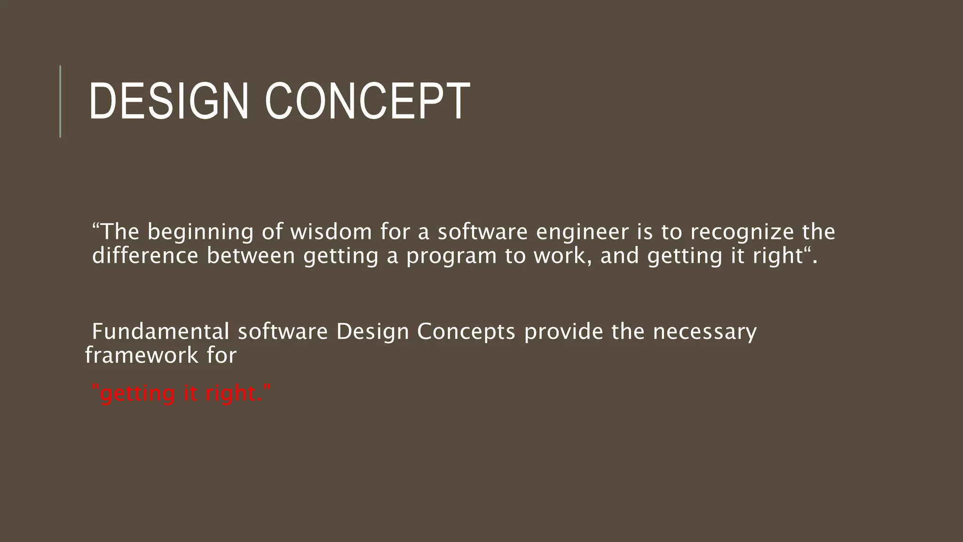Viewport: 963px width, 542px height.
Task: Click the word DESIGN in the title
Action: click(168, 102)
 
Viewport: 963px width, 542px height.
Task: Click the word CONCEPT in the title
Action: click(367, 102)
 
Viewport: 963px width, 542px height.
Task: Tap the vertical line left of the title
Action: click(60, 101)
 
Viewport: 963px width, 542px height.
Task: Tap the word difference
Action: click(145, 256)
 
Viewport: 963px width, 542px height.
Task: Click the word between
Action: click(251, 256)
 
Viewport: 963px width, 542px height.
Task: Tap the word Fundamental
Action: click(160, 331)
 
